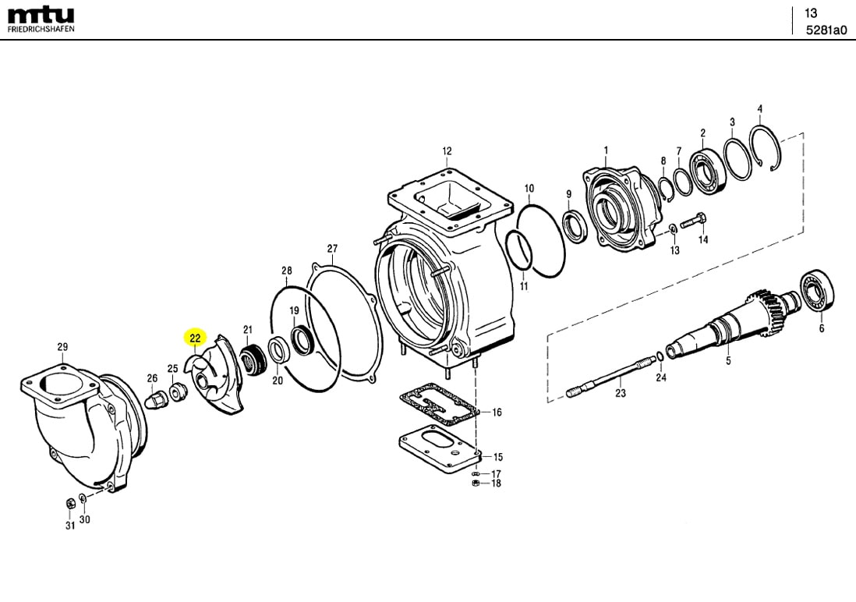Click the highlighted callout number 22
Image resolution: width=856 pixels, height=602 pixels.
pos(195,338)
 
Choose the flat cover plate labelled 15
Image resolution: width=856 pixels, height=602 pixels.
pos(440,451)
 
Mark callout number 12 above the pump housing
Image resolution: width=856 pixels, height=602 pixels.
pos(447,150)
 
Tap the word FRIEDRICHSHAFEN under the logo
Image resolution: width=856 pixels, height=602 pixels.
pos(41,29)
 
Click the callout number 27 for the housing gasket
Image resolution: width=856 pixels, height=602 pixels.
pos(333,249)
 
